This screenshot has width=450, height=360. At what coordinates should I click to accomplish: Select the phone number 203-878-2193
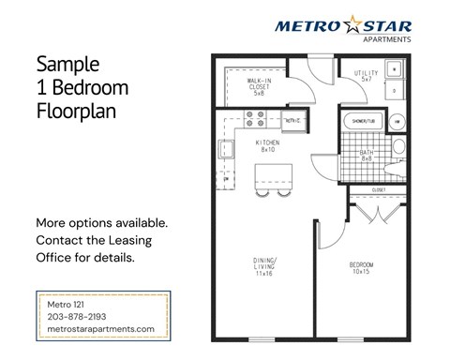[x=82, y=317]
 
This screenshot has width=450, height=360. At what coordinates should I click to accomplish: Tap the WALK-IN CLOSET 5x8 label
[x=259, y=87]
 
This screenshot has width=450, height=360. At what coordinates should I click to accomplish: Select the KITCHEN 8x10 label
[x=265, y=145]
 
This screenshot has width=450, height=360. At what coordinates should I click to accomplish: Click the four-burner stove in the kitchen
[x=254, y=119]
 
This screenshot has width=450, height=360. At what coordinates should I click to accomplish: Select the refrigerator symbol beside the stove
[x=292, y=120]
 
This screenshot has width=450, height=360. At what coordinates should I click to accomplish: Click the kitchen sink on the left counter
[x=224, y=149]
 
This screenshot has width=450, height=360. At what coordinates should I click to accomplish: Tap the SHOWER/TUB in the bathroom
[x=363, y=122]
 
